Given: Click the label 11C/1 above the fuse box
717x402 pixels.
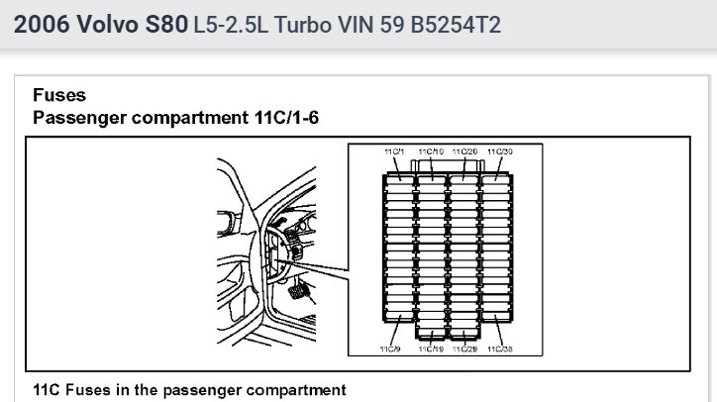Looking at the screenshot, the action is [x=394, y=151].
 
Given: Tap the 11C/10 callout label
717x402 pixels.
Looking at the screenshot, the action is [x=431, y=151].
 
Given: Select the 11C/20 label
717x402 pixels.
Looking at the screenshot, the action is [x=464, y=151].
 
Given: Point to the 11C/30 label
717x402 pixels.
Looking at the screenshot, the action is [x=500, y=151].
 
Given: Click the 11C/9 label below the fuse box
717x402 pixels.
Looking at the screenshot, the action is [x=390, y=349].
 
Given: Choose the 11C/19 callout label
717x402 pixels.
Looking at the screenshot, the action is [x=431, y=349].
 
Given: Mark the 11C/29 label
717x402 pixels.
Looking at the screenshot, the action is [x=464, y=349].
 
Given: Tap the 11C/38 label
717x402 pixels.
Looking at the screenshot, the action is [x=500, y=349].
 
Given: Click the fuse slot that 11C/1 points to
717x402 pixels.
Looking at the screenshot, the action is [x=400, y=180].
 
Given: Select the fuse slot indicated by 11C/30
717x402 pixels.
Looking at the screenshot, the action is [x=496, y=180].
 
